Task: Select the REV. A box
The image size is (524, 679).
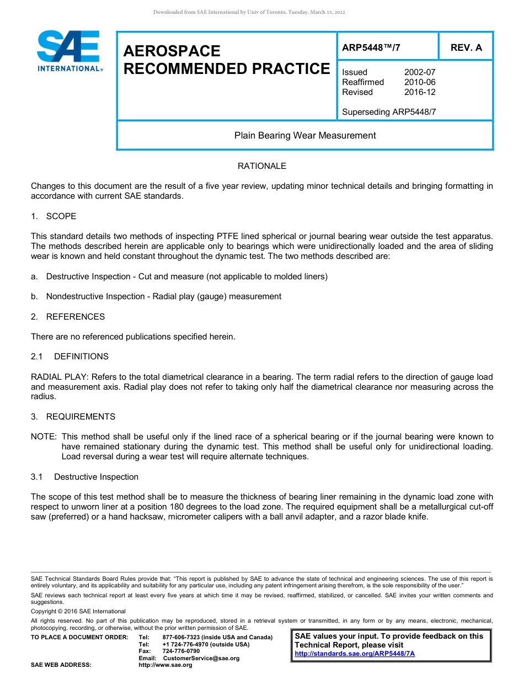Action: pos(466,48)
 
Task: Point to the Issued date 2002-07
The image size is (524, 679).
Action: pos(420,72)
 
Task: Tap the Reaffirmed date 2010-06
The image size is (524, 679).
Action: pos(420,82)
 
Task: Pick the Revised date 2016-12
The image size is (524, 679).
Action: pos(420,92)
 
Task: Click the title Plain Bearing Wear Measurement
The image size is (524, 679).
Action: pos(305,135)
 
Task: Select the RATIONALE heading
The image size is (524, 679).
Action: pos(262,166)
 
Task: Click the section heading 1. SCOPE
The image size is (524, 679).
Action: pos(54,216)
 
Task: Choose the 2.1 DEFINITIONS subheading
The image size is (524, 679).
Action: pos(69,357)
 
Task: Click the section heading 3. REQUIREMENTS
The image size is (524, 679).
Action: pos(73,417)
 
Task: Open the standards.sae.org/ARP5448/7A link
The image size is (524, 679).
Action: pos(355,654)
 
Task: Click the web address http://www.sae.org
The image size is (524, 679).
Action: pos(165,665)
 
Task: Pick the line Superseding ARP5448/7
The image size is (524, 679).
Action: pos(389,112)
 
